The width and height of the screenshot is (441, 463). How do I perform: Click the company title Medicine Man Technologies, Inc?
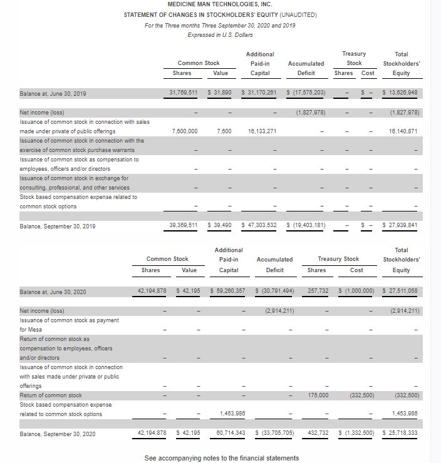(220, 4)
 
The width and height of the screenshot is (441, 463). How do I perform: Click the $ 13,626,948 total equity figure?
(400, 93)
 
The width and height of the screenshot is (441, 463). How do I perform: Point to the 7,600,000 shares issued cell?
(185, 131)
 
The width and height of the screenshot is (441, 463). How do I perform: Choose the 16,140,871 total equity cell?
(403, 131)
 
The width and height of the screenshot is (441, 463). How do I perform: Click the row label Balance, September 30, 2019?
(58, 226)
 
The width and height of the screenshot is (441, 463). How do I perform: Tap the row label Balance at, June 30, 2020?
(53, 292)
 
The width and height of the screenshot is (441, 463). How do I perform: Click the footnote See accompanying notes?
(221, 458)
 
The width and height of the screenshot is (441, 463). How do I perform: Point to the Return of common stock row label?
(51, 395)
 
